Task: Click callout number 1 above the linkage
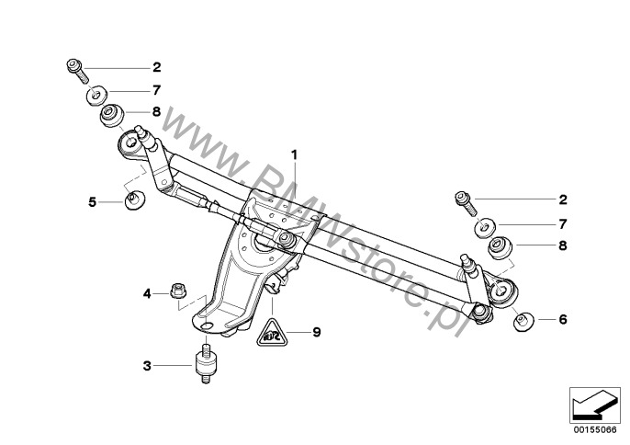[x=295, y=154]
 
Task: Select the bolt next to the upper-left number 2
[x=77, y=71]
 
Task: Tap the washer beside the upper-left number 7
[x=96, y=96]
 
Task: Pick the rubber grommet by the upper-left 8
[x=111, y=115]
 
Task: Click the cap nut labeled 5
[x=135, y=200]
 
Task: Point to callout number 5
[x=93, y=202]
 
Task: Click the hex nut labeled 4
[x=176, y=290]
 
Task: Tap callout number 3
[x=147, y=366]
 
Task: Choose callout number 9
[x=317, y=332]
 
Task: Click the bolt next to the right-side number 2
[x=467, y=203]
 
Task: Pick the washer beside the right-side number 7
[x=485, y=228]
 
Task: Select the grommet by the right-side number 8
[x=501, y=247]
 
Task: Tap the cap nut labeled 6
[x=523, y=321]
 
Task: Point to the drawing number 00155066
[x=595, y=430]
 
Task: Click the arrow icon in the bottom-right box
[x=593, y=405]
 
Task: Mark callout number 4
[x=147, y=294]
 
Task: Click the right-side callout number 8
[x=563, y=245]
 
